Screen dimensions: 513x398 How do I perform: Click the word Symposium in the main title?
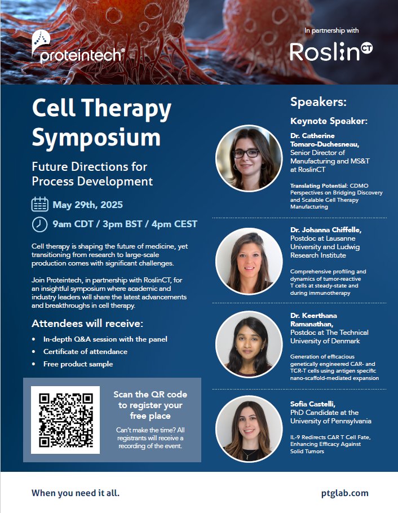coord(96,137)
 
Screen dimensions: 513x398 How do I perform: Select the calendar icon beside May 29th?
coord(39,204)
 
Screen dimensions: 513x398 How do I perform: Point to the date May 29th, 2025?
coord(87,205)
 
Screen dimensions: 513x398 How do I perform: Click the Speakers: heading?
coord(319,102)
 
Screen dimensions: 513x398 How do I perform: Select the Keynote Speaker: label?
coord(329,121)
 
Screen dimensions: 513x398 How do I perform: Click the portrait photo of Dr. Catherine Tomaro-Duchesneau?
coord(249,158)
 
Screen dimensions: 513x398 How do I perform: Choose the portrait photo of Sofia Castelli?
coord(249,428)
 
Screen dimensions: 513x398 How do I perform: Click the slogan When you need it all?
coord(76,493)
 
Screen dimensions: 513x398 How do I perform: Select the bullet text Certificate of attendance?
coord(85,352)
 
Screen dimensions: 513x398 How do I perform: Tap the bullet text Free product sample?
coord(78,364)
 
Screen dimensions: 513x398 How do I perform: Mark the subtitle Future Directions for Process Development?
coord(92,174)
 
